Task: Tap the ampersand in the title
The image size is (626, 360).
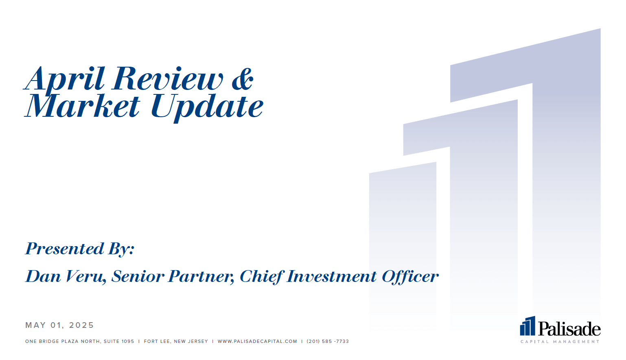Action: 243,79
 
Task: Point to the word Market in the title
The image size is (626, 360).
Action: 82,106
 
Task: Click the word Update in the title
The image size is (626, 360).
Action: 207,108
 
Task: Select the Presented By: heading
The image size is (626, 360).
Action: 80,249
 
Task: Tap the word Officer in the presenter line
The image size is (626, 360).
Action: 410,277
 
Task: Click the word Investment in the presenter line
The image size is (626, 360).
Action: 331,277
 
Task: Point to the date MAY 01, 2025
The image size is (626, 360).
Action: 59,325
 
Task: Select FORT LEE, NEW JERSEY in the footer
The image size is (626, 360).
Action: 176,341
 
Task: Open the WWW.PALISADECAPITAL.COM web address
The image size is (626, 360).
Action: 257,341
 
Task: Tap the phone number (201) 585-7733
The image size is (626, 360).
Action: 328,341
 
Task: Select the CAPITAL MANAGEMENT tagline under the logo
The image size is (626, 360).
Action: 560,342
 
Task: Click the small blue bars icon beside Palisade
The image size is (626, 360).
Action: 528,326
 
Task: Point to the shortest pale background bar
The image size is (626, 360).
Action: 403,246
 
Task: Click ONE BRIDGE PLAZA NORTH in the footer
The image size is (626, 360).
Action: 63,341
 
